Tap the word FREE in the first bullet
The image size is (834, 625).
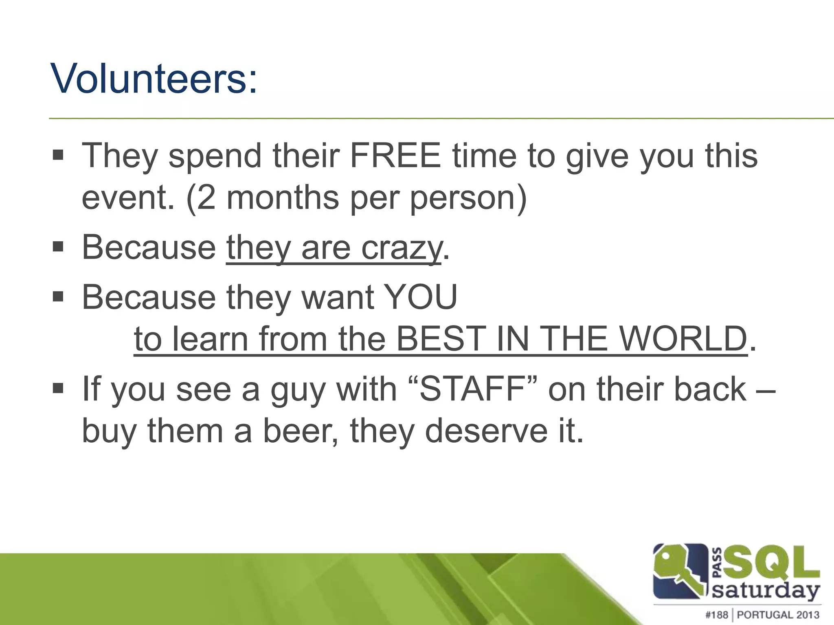coord(395,155)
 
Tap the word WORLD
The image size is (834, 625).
coord(684,339)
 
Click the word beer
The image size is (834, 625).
coord(301,431)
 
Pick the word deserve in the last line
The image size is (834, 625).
coord(486,431)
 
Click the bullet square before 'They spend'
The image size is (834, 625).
coord(58,155)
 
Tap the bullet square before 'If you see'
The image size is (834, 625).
coord(58,388)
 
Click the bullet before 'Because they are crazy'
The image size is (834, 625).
coord(58,247)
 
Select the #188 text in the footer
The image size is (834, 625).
coord(716,614)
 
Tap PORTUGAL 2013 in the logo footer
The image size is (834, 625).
coord(778,614)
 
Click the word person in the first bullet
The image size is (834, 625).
coord(468,198)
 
